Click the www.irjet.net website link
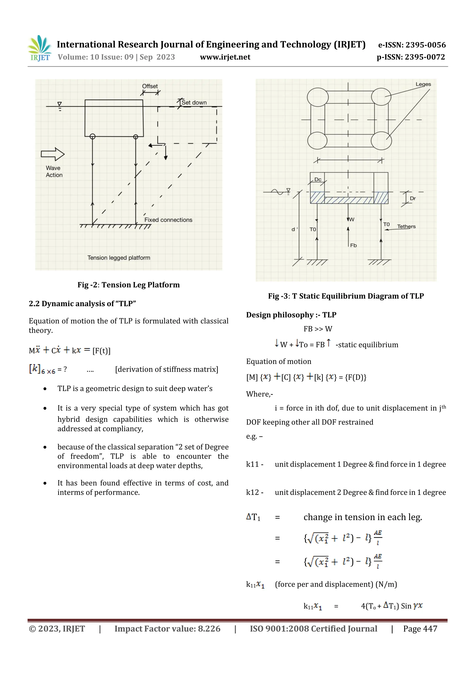click(225, 57)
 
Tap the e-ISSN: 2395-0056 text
click(412, 45)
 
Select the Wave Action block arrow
click(53, 154)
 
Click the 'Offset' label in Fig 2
click(150, 86)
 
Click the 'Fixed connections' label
click(168, 220)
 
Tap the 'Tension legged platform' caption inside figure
click(119, 258)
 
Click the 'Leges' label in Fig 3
click(423, 84)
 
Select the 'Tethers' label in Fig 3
click(406, 226)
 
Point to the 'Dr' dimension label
click(413, 198)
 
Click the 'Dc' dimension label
click(318, 179)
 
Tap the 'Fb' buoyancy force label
click(353, 245)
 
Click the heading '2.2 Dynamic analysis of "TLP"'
click(82, 304)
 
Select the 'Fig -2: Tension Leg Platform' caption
click(128, 285)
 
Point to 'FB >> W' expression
click(318, 329)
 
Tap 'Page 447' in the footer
click(420, 629)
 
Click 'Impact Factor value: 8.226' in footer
click(167, 629)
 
